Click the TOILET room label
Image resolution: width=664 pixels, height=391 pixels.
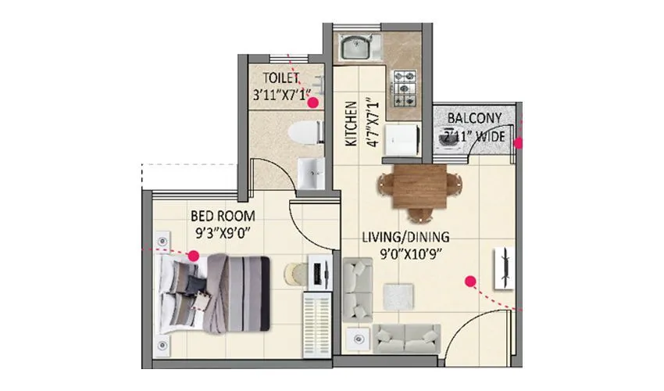[x=281, y=78]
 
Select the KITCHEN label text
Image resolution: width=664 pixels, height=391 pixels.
[x=351, y=124]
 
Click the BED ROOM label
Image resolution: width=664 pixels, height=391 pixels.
[x=223, y=215]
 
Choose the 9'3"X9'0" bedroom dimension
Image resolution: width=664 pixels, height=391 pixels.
[x=223, y=231]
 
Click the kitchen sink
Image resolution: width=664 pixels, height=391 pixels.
[x=357, y=48]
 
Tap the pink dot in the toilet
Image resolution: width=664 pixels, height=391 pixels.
[x=312, y=102]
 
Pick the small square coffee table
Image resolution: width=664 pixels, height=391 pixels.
[x=397, y=296]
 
